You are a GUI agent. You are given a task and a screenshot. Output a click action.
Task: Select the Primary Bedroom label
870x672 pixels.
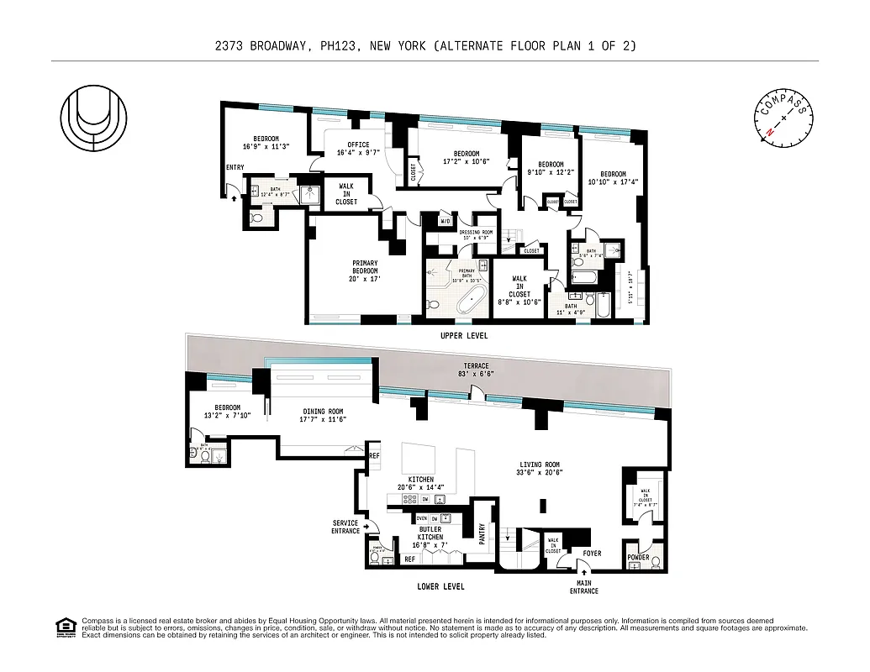click(x=365, y=270)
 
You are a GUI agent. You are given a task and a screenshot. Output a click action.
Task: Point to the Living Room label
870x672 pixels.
click(x=540, y=468)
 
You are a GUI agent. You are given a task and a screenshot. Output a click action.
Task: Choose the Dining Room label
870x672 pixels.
click(x=324, y=415)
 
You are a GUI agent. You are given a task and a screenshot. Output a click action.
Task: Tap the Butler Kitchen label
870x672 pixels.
click(x=430, y=538)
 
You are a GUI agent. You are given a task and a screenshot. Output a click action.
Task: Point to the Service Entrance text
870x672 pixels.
click(x=345, y=527)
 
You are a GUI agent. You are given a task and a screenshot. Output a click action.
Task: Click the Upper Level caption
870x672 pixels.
click(x=464, y=335)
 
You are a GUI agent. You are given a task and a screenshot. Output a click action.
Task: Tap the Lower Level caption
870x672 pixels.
click(x=440, y=586)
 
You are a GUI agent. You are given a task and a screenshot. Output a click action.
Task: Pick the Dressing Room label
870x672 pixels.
click(x=476, y=234)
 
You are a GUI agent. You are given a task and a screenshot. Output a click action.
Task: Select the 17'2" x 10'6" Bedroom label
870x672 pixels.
click(x=466, y=157)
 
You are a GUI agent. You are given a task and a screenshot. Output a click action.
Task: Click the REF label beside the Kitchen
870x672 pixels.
click(x=374, y=456)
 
